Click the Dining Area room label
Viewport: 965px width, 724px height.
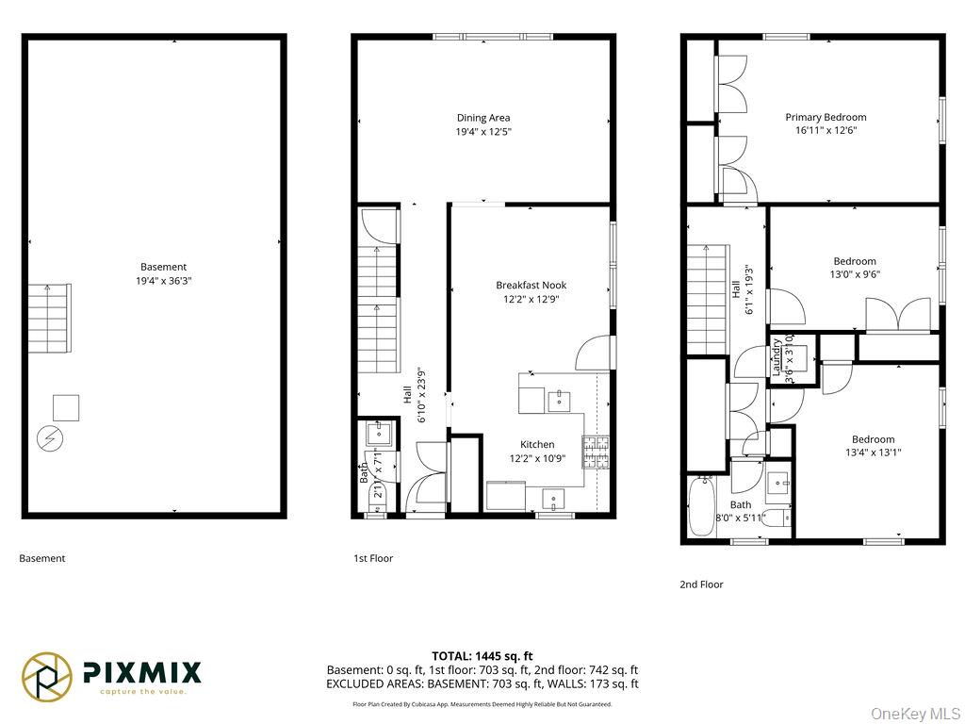(483, 118)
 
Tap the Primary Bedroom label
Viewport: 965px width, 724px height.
(826, 118)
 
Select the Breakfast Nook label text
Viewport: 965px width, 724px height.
(531, 285)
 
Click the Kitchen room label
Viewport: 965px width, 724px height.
(537, 444)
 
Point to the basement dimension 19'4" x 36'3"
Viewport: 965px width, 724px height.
(164, 281)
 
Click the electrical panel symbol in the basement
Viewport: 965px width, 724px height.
(47, 438)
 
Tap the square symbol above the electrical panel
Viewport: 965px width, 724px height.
(66, 407)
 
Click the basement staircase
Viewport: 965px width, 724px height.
(49, 318)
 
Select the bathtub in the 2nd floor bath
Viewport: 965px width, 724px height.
(701, 507)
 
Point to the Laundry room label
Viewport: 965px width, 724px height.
(777, 357)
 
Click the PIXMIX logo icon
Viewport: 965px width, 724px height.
(47, 675)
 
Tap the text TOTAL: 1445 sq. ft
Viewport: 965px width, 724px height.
(482, 655)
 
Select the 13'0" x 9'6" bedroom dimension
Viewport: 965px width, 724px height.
(854, 275)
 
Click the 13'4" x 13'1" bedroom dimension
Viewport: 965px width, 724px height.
(873, 452)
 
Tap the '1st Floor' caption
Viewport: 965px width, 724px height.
(373, 558)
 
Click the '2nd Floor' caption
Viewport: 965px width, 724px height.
(701, 584)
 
